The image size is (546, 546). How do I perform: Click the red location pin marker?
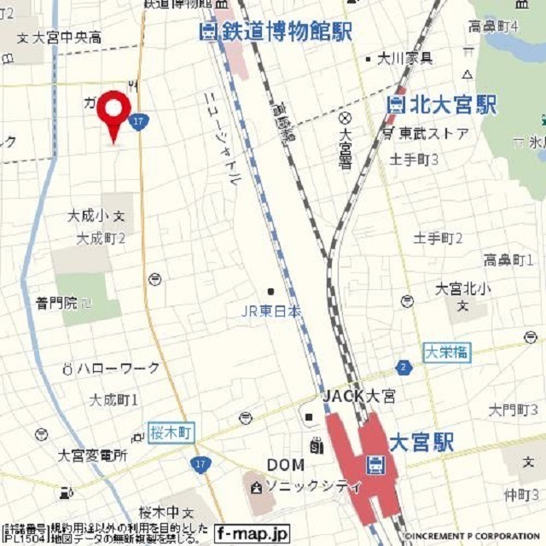113,112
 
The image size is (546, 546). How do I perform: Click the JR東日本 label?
270,312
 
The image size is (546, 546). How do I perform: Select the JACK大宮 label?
358,396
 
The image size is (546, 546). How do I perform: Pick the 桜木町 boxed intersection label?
171,433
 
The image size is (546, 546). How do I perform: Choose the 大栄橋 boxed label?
445,351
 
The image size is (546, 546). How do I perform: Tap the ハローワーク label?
118,369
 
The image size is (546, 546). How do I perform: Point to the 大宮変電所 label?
92,456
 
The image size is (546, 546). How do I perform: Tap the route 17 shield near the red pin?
141,122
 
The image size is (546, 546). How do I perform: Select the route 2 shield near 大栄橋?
403,368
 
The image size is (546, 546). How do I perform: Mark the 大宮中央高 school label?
66,38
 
